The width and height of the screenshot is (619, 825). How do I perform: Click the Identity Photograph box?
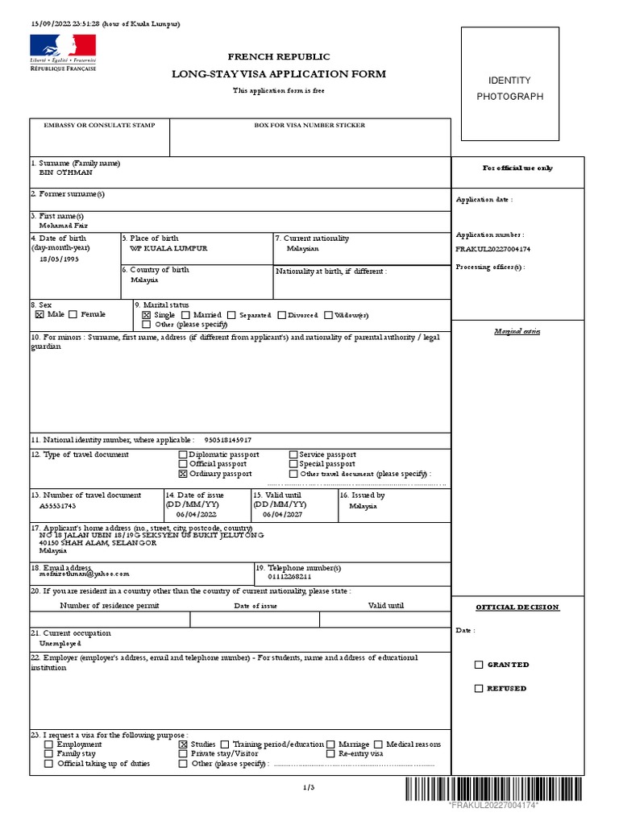coord(510,89)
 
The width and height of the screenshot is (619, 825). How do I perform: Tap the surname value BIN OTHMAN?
coord(66,173)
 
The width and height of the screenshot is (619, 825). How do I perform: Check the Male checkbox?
coord(39,315)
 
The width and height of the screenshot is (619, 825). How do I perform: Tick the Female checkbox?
coord(73,315)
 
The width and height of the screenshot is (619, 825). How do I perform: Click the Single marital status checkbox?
coord(146,315)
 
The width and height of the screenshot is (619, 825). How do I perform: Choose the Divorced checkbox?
coord(282,315)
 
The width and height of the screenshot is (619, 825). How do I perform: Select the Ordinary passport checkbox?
coord(183,474)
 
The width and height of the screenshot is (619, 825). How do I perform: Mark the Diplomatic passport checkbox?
coord(183,455)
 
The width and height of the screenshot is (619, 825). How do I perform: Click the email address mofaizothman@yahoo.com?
coord(84,574)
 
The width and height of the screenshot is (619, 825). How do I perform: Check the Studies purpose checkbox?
coord(183,745)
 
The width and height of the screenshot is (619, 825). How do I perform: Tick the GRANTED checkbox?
coord(479,665)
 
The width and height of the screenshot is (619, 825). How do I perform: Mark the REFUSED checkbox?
coord(479,689)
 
